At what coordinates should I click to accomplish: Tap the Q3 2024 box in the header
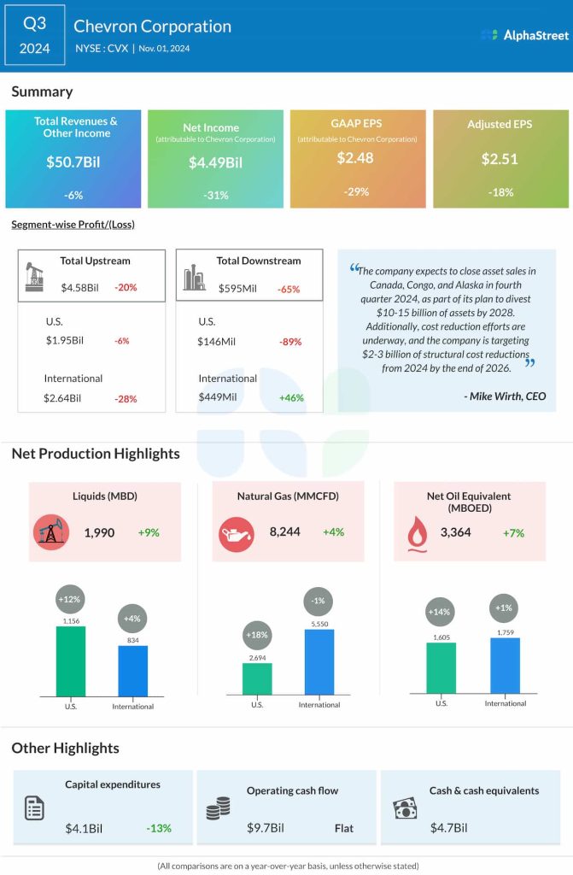pos(34,35)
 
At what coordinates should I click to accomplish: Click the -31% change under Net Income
pos(216,195)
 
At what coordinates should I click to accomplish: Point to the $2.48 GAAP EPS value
pos(357,158)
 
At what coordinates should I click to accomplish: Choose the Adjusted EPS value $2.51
pos(500,159)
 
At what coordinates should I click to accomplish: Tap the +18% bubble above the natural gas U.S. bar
pos(257,636)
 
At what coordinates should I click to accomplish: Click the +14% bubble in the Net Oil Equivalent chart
pos(441,613)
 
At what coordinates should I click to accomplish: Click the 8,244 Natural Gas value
pos(284,532)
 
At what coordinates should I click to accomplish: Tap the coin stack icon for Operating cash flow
pos(218,808)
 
